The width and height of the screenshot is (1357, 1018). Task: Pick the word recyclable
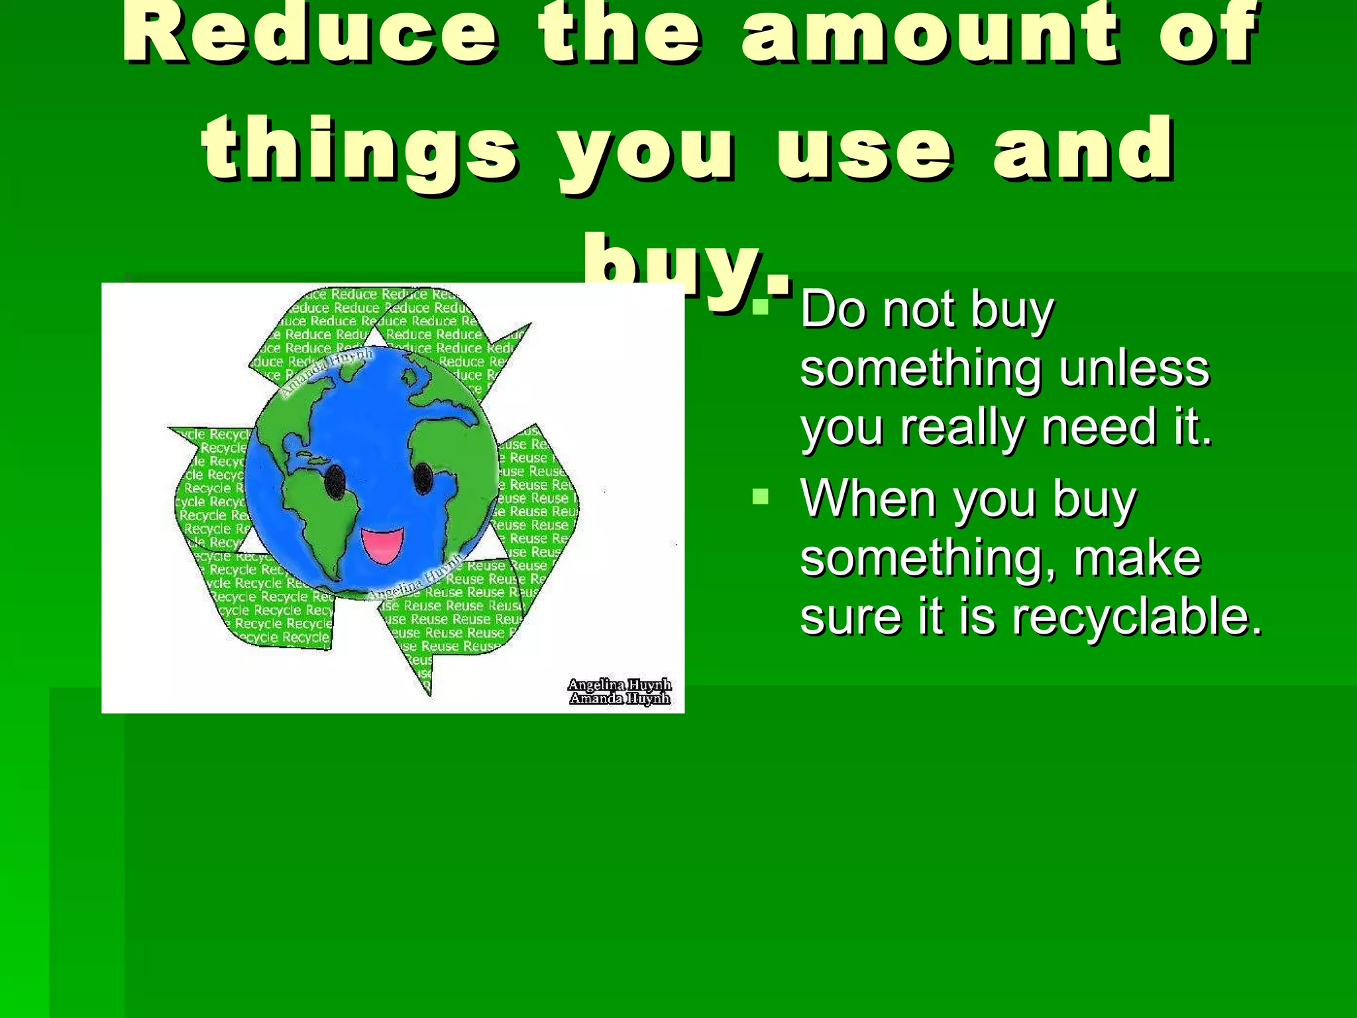tap(1137, 616)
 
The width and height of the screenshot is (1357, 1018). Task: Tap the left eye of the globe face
tap(335, 479)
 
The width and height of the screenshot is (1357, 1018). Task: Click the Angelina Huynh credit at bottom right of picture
tap(620, 685)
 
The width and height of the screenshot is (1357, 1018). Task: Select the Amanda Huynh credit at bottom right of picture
tap(620, 699)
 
